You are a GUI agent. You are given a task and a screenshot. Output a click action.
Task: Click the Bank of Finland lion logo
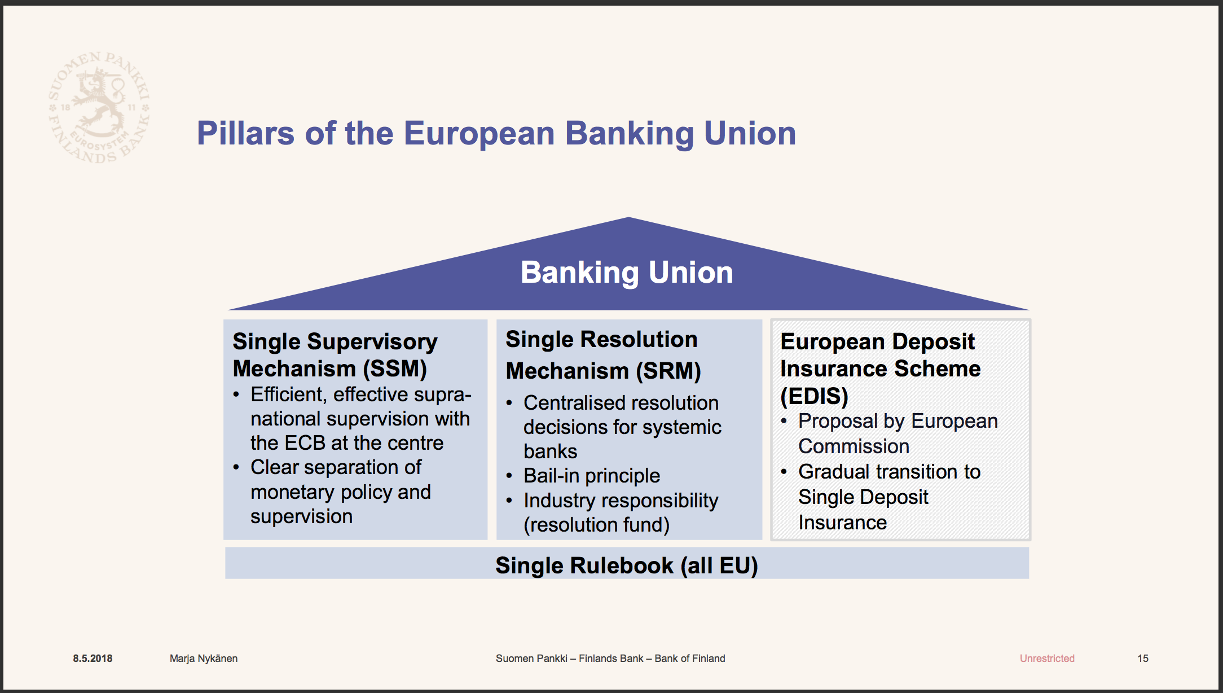pos(99,107)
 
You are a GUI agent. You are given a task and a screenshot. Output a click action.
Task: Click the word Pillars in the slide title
pos(245,133)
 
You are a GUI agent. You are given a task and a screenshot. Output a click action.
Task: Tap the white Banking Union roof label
pos(627,273)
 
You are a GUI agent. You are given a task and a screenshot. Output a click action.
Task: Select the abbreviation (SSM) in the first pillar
pos(395,369)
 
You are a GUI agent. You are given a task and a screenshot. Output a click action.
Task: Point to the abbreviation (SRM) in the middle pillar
pos(668,371)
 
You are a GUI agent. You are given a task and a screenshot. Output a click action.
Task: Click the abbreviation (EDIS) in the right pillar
pos(814,396)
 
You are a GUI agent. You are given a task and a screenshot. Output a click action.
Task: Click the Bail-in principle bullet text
pos(592,476)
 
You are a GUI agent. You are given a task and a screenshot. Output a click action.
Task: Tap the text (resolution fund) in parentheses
pos(596,525)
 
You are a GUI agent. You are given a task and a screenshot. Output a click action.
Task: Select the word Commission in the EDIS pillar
pos(854,446)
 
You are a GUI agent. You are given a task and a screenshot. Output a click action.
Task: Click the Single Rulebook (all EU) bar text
pos(627,565)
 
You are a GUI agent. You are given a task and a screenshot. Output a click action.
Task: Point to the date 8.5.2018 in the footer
pos(93,659)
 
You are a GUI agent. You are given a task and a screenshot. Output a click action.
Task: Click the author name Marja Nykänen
pos(204,659)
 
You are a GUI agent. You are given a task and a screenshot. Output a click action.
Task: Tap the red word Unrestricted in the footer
pos(1047,659)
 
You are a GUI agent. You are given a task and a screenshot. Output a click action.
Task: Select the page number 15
pos(1143,659)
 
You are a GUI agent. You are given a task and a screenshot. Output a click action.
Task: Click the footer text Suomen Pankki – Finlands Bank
pos(570,659)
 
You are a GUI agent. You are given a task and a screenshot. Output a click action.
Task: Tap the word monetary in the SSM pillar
pos(293,493)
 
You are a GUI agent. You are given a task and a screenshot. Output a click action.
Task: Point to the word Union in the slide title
pos(750,133)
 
